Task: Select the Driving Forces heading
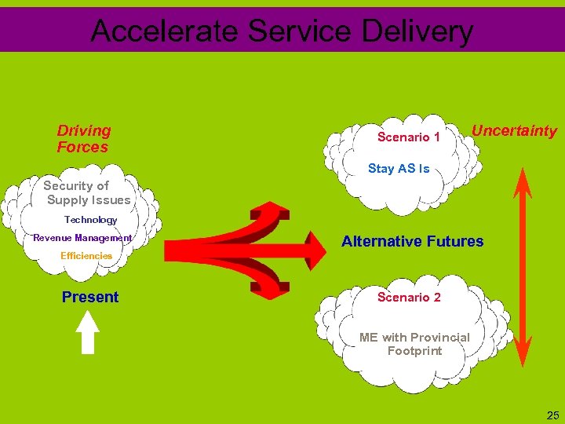(83, 139)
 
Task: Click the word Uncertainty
(514, 131)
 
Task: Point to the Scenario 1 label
(409, 137)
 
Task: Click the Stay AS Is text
(399, 169)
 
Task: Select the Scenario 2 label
(409, 297)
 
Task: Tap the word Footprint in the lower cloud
(414, 351)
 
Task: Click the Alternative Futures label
(413, 241)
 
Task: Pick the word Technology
(90, 220)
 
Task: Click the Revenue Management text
(82, 238)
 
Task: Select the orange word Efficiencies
(86, 256)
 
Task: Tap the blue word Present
(90, 297)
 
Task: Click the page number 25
(552, 415)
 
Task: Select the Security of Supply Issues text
(86, 192)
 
